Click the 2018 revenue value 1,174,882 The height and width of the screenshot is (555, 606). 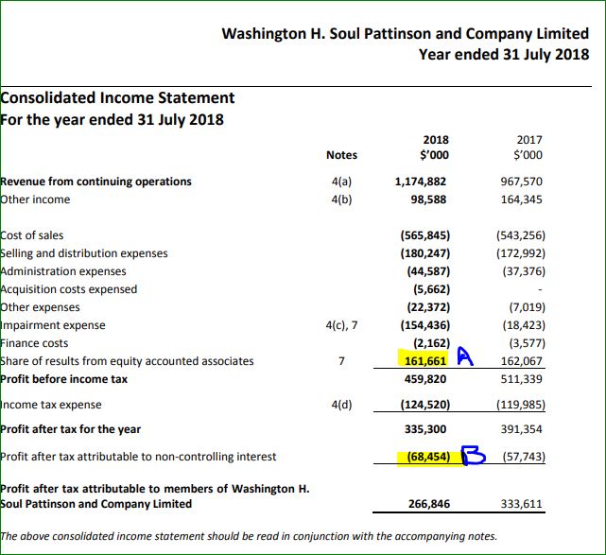tap(420, 182)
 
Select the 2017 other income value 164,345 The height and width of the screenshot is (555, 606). tap(521, 199)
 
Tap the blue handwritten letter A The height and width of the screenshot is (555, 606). tap(465, 356)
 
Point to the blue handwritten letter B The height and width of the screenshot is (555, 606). tap(474, 455)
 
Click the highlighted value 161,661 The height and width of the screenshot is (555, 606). tap(425, 361)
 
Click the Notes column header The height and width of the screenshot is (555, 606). tap(341, 155)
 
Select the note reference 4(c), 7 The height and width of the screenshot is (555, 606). tap(341, 325)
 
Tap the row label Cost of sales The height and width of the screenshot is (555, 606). tap(32, 235)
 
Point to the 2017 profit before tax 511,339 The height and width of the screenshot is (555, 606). tap(521, 379)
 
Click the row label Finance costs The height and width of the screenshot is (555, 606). tap(34, 343)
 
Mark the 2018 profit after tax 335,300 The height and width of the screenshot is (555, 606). tap(425, 429)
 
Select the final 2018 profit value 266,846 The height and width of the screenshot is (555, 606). tap(429, 504)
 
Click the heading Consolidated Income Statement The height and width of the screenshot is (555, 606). tap(117, 97)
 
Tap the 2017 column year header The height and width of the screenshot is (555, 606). tap(529, 140)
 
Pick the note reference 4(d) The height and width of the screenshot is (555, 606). tap(341, 405)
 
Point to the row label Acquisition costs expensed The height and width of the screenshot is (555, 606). tap(68, 289)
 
